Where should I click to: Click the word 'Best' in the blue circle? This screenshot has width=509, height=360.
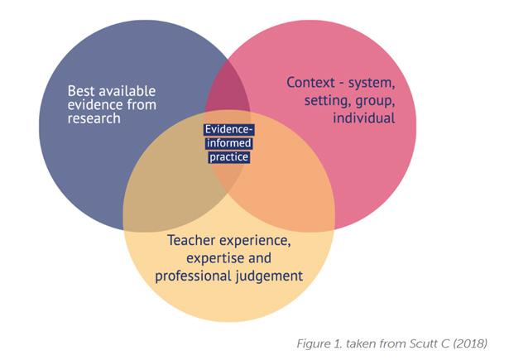point(83,89)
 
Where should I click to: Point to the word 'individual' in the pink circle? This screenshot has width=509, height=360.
point(363,118)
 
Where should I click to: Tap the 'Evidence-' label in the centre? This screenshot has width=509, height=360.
point(228,129)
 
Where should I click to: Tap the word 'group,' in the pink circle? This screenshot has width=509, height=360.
point(377,100)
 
